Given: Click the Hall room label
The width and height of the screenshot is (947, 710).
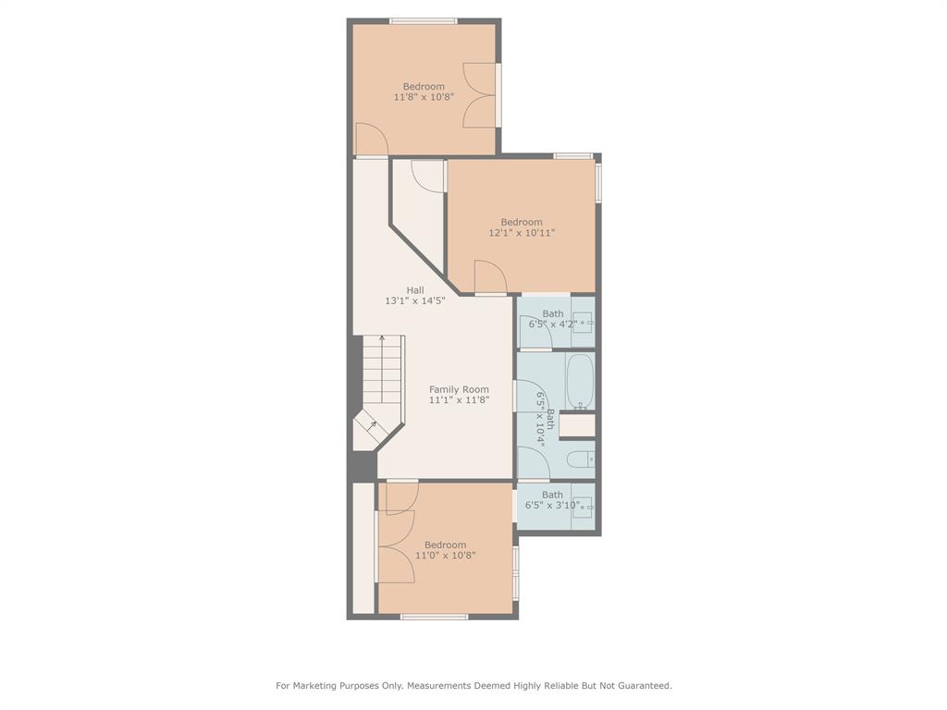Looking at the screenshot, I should pyautogui.click(x=415, y=290).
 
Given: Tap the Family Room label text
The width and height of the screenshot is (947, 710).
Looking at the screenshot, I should pyautogui.click(x=459, y=389).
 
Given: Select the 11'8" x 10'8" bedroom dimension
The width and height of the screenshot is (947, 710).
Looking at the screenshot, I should pyautogui.click(x=424, y=97).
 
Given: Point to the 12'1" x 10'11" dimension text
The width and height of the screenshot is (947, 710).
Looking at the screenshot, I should pyautogui.click(x=522, y=233).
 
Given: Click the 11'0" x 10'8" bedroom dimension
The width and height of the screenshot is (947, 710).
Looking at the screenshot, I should pyautogui.click(x=446, y=556).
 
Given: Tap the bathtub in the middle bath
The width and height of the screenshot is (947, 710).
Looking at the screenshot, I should pyautogui.click(x=580, y=381).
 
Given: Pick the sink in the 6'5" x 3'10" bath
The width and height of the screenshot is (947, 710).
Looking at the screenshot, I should pyautogui.click(x=582, y=507).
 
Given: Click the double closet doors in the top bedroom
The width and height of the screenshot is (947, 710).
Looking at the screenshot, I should pyautogui.click(x=480, y=94).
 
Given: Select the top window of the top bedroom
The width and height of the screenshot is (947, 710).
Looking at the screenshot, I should pyautogui.click(x=423, y=21).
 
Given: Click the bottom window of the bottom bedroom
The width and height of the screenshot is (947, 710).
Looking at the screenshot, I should pyautogui.click(x=434, y=616).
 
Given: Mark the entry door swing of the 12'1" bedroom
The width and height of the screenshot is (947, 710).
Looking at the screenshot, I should pyautogui.click(x=487, y=276).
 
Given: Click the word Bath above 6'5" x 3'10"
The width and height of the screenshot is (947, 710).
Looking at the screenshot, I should pyautogui.click(x=552, y=495).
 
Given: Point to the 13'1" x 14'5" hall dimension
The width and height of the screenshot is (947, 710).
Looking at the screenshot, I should pyautogui.click(x=415, y=301).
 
